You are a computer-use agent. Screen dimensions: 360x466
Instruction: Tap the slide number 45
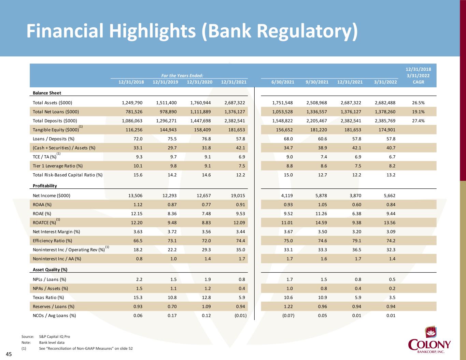(9, 355)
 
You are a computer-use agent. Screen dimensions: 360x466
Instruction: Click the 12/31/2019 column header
(165, 82)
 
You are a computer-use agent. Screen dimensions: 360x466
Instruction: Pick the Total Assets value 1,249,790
(132, 103)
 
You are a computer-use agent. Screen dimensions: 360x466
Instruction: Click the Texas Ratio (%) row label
(48, 297)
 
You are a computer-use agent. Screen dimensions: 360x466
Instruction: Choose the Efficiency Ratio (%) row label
(52, 241)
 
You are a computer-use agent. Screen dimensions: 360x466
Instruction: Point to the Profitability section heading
(45, 186)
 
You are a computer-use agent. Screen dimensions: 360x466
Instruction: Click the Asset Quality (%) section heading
(50, 270)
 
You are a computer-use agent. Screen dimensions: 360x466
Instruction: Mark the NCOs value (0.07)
(288, 315)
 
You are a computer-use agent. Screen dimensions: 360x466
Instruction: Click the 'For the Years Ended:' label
(182, 75)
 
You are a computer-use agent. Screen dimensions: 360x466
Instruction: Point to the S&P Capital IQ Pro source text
(55, 336)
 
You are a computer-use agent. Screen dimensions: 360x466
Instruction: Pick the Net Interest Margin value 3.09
(389, 232)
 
